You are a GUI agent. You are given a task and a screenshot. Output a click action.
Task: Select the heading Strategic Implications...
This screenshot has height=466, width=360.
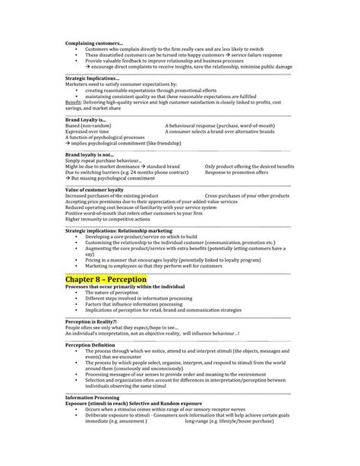(x=92, y=78)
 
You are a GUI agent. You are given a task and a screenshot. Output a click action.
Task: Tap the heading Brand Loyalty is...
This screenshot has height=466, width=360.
(x=84, y=119)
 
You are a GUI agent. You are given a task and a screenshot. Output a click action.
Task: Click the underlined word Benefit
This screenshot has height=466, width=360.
(x=74, y=101)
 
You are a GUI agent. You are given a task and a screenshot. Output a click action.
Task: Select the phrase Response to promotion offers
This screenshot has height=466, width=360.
(x=237, y=171)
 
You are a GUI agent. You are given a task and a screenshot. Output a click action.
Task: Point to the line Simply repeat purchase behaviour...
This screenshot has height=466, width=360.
(x=104, y=160)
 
